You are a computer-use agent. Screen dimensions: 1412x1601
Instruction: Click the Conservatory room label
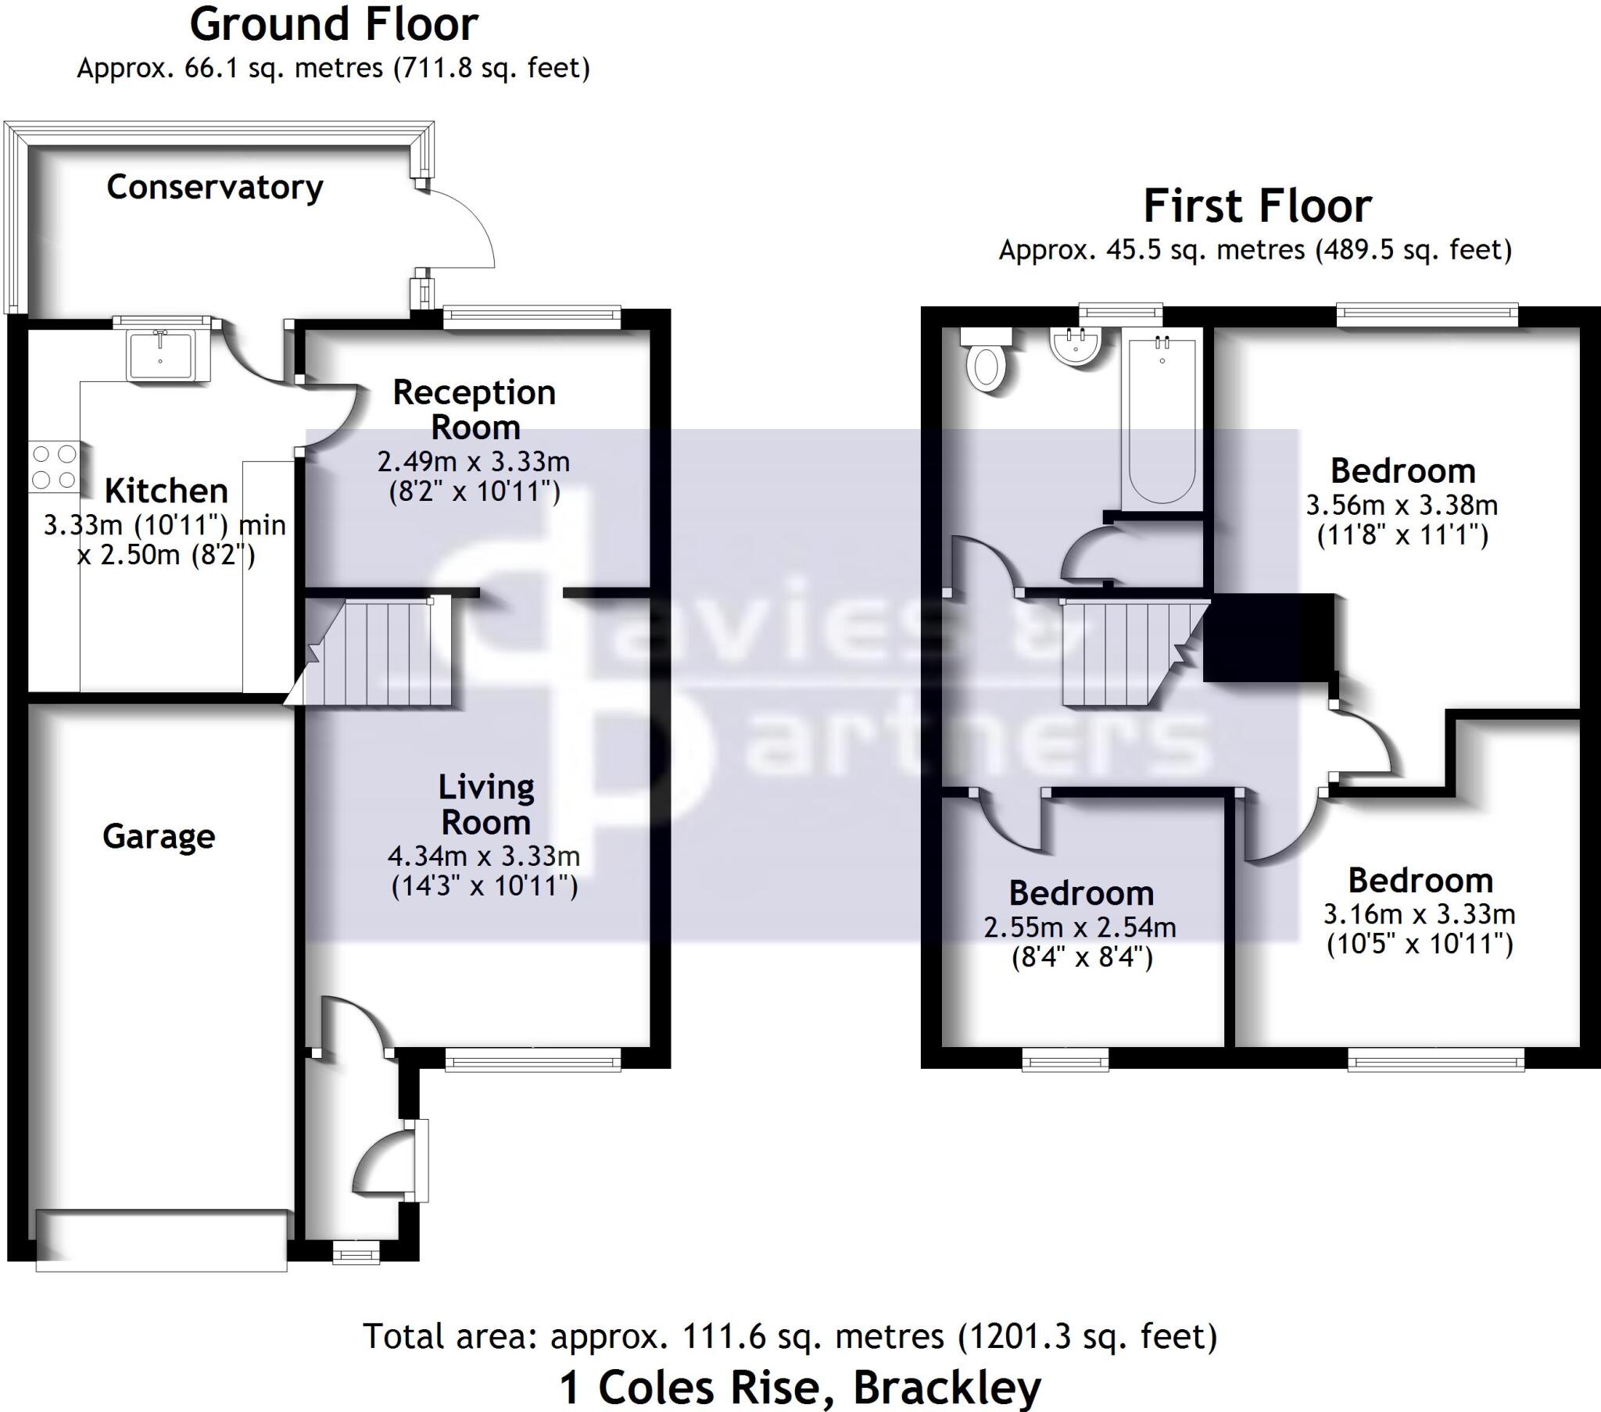click(215, 188)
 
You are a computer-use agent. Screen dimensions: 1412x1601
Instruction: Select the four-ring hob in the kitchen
click(54, 466)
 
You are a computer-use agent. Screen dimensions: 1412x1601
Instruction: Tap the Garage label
click(158, 836)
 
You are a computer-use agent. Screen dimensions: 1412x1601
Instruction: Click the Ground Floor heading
click(334, 25)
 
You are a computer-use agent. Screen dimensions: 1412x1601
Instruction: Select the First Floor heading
click(1257, 206)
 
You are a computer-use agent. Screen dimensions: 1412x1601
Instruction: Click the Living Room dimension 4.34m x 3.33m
click(484, 856)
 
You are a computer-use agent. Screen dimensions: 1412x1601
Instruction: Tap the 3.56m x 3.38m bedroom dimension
click(1402, 505)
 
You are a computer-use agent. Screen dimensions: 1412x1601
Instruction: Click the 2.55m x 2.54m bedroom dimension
click(1080, 928)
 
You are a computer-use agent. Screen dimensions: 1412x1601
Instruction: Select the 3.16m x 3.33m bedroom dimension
click(1420, 914)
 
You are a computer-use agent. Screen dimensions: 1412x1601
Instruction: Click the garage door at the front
click(161, 1240)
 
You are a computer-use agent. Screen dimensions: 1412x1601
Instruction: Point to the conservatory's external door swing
click(458, 227)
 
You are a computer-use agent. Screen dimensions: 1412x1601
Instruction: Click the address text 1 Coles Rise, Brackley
click(800, 1388)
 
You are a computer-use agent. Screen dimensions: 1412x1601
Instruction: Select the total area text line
click(790, 1336)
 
